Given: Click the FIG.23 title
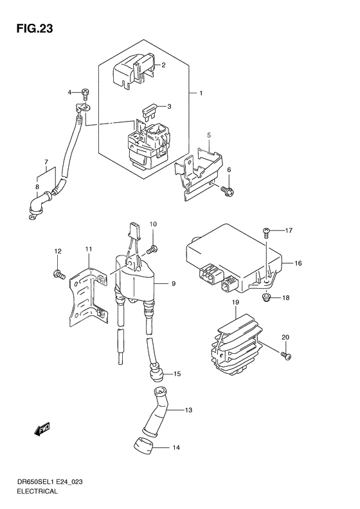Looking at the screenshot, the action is click(35, 29).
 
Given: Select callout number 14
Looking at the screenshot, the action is click(175, 448).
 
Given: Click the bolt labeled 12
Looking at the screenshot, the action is click(59, 275).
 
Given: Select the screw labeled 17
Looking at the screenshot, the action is click(265, 233).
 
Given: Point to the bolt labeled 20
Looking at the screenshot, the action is click(286, 356).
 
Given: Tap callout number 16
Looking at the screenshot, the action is click(298, 263).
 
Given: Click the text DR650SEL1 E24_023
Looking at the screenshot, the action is click(50, 482).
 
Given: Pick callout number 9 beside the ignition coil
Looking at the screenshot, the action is click(174, 284).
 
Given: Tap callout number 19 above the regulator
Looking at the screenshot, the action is click(235, 302).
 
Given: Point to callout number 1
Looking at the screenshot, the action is click(201, 93).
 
